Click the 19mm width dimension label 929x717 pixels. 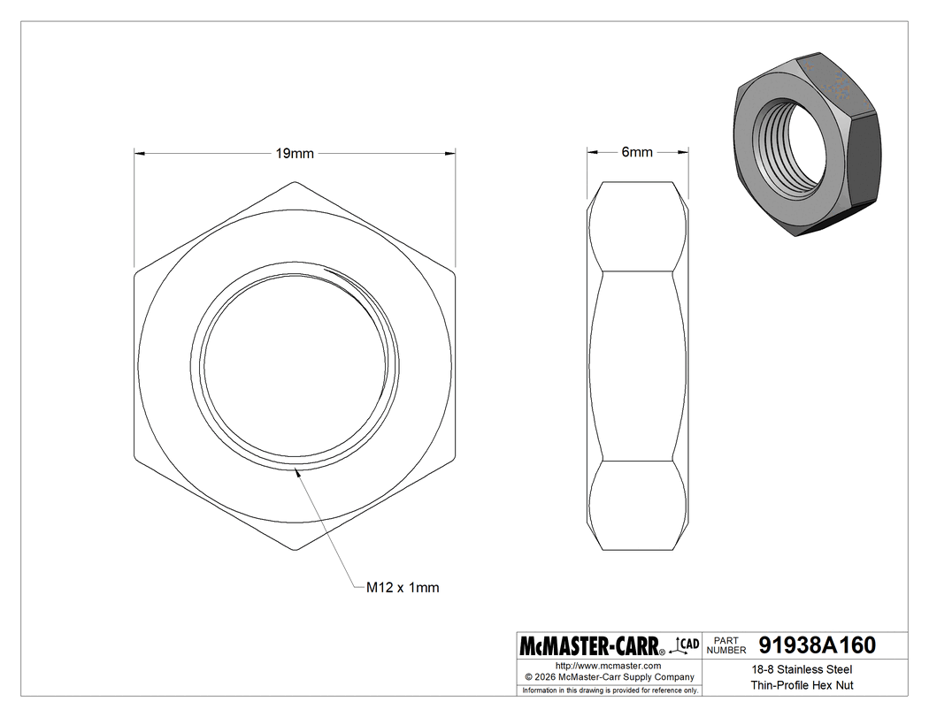(x=295, y=153)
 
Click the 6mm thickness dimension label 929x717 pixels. (x=637, y=152)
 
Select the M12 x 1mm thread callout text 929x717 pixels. (x=403, y=587)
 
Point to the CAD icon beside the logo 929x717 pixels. (x=687, y=645)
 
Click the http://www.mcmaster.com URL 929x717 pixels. (x=608, y=665)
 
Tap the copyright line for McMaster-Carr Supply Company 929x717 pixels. (x=608, y=676)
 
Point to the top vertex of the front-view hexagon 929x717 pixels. (x=296, y=182)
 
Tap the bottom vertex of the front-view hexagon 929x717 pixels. (x=296, y=552)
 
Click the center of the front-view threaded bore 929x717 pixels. (x=296, y=367)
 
